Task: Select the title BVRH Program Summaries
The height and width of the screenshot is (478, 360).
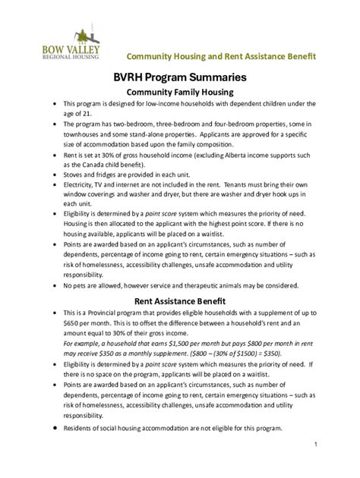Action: (179, 77)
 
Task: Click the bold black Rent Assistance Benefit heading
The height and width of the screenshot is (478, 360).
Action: (179, 300)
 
